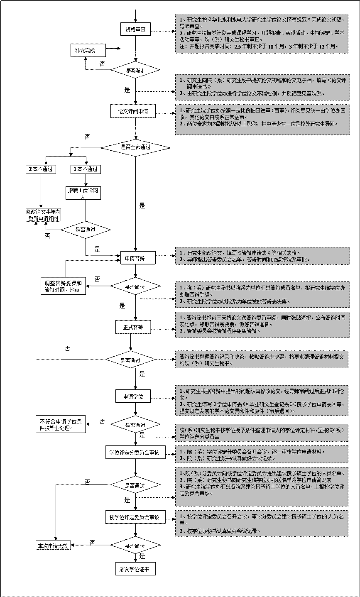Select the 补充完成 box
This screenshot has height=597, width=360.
tap(87, 51)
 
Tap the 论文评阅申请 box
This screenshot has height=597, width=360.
tap(133, 111)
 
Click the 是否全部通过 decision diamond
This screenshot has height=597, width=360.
tap(135, 147)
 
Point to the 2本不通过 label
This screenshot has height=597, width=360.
tap(41, 169)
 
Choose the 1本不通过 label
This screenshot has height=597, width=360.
tap(86, 169)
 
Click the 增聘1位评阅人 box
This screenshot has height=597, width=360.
tap(83, 193)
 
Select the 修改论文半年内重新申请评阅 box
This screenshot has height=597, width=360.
tap(43, 215)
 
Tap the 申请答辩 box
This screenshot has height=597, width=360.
tap(135, 258)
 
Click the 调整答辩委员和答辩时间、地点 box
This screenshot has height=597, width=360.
tap(64, 286)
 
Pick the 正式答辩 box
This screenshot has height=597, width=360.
tap(133, 327)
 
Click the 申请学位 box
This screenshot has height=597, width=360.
tap(133, 396)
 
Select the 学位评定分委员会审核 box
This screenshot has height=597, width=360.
tap(135, 453)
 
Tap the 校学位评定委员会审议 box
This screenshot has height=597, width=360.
tap(135, 517)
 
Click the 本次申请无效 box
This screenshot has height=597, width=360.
tap(52, 546)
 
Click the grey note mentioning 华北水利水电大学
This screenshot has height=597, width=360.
tap(262, 33)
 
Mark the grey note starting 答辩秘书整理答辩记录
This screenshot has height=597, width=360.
tap(262, 360)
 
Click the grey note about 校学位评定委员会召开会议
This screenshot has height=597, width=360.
tap(262, 523)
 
